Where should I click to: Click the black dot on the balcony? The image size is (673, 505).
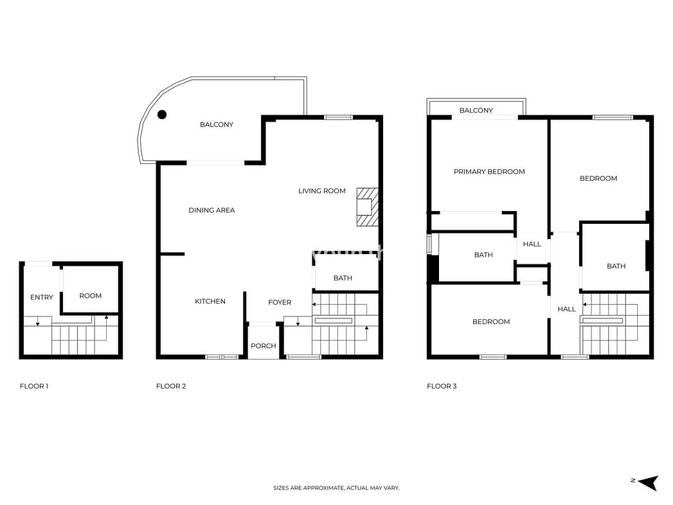162,115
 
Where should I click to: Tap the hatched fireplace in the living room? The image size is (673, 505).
368,207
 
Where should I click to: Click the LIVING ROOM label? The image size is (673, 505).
322,190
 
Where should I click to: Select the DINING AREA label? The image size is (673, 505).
211,210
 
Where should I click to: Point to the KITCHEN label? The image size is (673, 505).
210,301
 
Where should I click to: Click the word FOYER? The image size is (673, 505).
280,302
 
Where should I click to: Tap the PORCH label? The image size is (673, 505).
263,345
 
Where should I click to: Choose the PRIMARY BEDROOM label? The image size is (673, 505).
489,172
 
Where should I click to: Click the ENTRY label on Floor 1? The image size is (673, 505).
42,297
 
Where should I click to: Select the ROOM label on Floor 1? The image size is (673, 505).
91,295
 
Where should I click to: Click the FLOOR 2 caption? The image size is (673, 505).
171,386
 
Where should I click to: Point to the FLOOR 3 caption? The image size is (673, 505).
442,386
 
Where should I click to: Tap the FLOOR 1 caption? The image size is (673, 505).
34,386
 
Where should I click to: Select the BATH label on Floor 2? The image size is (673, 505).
343,278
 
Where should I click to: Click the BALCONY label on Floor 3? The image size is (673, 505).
476,111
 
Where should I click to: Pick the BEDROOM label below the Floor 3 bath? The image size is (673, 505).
491,322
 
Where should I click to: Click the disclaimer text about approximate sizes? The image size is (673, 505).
336,488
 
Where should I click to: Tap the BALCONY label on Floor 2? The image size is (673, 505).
217,125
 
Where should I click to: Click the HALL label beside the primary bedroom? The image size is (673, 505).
532,244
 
